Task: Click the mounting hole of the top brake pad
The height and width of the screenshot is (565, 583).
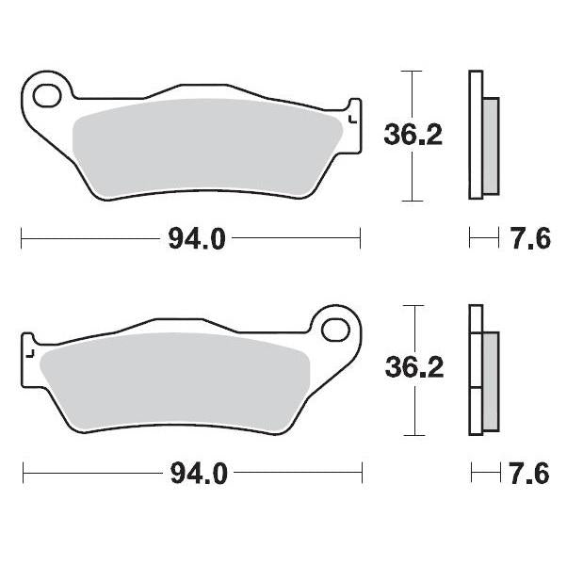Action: coord(45,94)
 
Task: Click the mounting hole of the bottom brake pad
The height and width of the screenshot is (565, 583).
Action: coord(334,330)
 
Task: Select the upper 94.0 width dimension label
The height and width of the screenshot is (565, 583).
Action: coord(197,239)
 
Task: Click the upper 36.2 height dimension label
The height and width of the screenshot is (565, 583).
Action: coord(413,136)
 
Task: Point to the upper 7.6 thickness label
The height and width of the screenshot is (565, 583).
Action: coord(531,239)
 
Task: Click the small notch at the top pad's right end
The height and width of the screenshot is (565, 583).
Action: coord(352,119)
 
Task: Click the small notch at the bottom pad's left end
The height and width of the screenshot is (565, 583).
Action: coord(29,353)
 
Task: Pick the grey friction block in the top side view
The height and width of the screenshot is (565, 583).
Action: coord(491,145)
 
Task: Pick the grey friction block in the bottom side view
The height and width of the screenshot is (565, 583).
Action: coord(491,380)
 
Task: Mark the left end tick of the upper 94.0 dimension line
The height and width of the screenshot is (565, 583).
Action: coord(22,239)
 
